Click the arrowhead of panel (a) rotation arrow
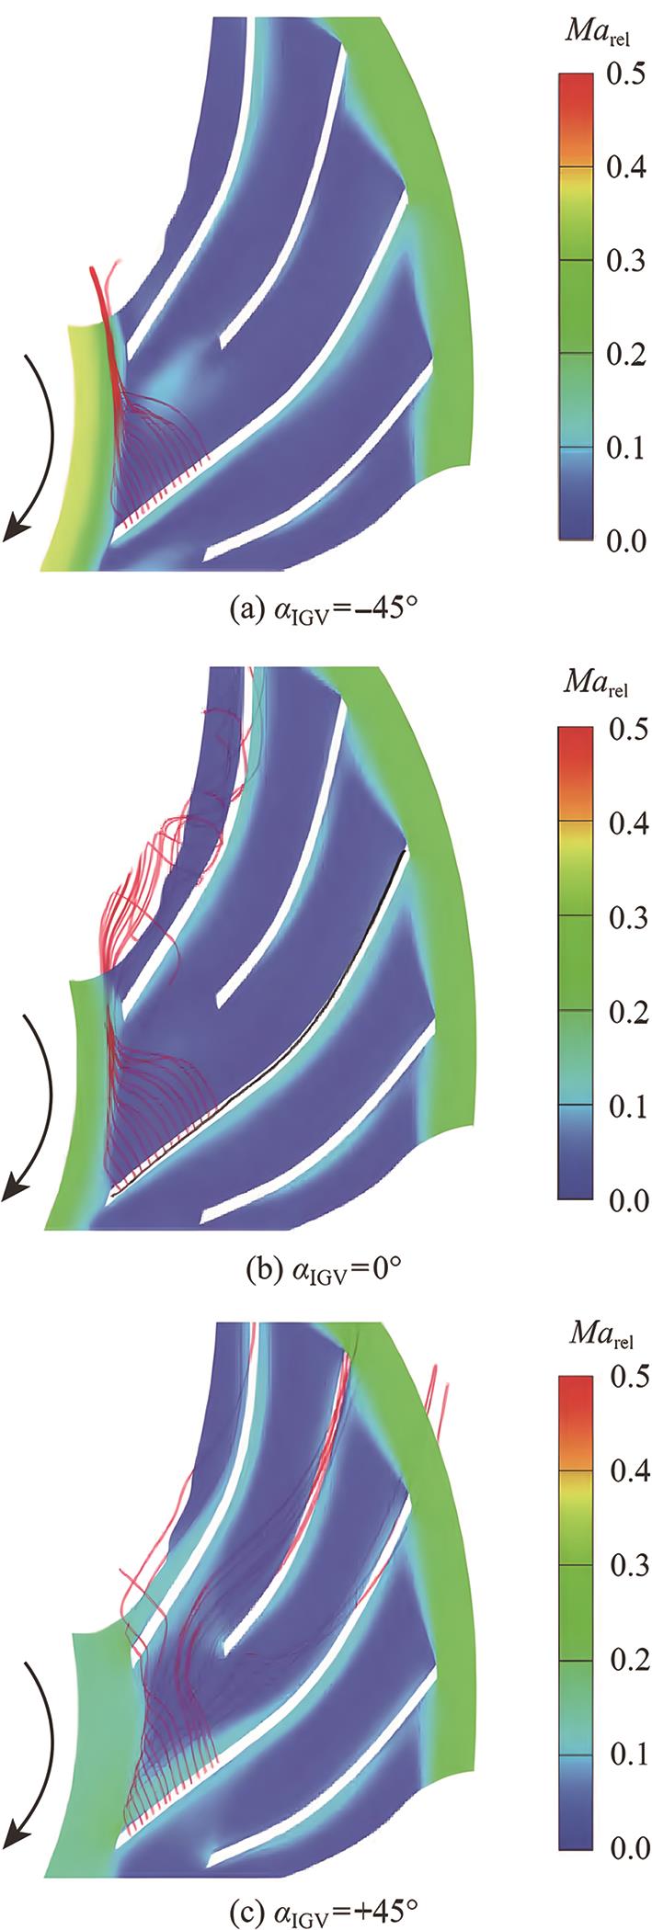(x=13, y=531)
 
